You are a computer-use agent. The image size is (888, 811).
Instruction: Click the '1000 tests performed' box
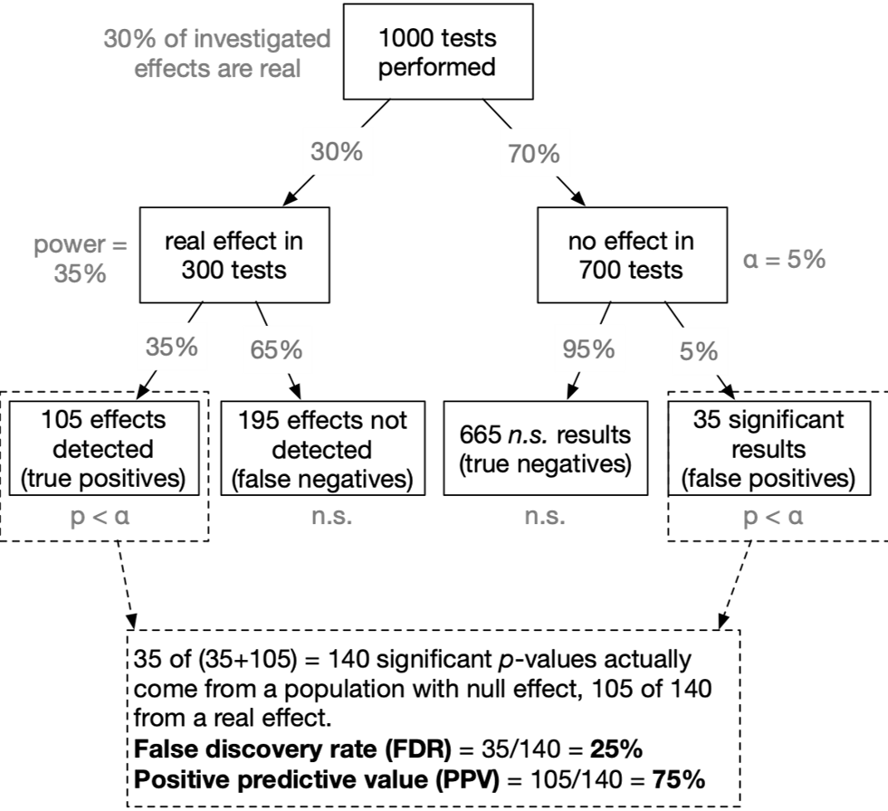437,52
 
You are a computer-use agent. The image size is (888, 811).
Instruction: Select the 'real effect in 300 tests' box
234,255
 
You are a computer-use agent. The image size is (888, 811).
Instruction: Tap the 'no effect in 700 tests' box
631,255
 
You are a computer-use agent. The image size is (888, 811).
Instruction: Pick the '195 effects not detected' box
322,449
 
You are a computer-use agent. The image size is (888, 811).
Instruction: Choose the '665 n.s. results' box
545,449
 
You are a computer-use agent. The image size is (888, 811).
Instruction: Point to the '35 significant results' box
769,449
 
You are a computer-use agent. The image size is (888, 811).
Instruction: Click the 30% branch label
337,151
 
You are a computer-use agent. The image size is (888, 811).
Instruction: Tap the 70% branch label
534,154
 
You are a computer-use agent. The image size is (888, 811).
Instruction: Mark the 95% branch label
588,348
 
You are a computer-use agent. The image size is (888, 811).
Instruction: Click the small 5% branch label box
699,351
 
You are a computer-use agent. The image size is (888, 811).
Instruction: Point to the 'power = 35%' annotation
81,259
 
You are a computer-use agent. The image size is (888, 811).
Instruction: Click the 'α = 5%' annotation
784,260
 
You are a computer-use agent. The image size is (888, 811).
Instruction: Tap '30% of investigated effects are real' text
216,52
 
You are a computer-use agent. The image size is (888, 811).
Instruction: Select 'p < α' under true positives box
100,519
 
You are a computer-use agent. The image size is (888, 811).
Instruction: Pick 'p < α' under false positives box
773,518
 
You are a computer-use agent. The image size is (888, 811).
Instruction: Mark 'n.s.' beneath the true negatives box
545,519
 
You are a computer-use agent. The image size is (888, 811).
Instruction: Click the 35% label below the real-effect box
172,346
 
